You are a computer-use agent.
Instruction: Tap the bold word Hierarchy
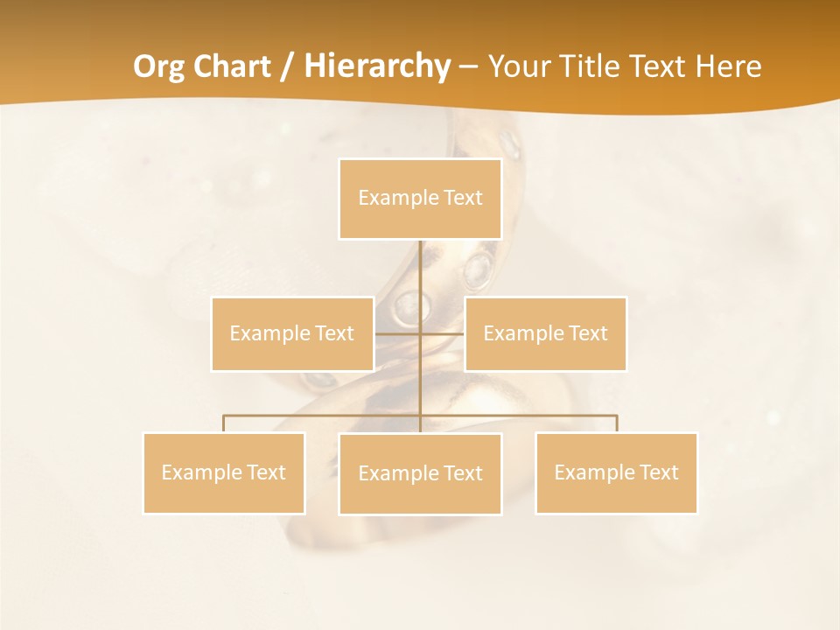pyautogui.click(x=377, y=66)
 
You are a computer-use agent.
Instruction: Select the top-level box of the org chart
pyautogui.click(x=420, y=199)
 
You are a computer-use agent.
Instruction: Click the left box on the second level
pyautogui.click(x=292, y=333)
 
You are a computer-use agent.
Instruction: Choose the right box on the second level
pyautogui.click(x=545, y=333)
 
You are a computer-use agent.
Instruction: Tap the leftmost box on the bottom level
pyautogui.click(x=224, y=472)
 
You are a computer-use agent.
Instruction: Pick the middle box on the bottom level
pyautogui.click(x=420, y=473)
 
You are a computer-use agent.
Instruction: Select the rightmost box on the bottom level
pyautogui.click(x=616, y=472)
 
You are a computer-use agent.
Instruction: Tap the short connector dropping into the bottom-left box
pyautogui.click(x=224, y=423)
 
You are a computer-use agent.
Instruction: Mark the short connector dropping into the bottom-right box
pyautogui.click(x=617, y=423)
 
